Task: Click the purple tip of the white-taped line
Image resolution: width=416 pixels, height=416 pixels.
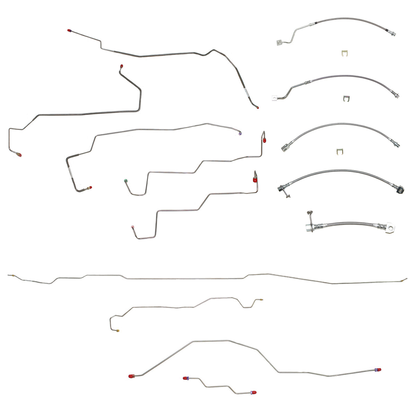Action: point(241,132)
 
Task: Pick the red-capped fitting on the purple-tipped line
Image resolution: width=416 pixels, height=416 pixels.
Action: point(89,188)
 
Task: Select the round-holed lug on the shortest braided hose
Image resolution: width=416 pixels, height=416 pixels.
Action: point(391,228)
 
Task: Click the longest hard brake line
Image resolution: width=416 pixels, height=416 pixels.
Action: point(208,278)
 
